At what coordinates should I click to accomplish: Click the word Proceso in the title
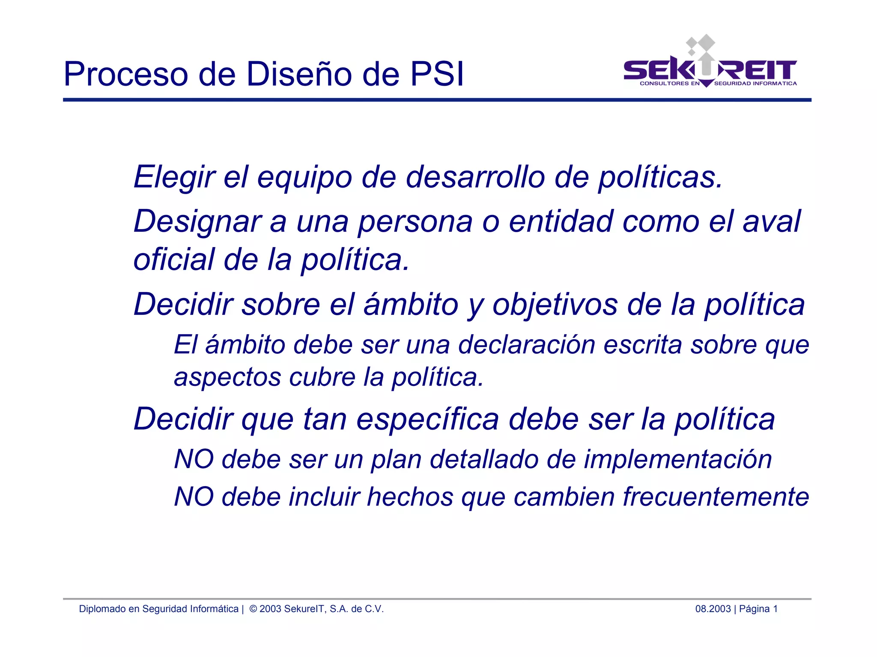125,75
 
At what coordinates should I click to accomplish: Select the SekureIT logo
710,64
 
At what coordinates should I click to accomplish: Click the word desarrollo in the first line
475,177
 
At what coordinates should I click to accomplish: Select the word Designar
197,222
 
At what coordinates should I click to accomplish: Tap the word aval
771,221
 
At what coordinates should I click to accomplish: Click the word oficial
174,260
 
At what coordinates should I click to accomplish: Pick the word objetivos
555,305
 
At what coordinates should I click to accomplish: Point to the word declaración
526,345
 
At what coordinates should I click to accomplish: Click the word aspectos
227,378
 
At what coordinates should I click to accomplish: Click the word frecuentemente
716,497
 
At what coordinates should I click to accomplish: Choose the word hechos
410,497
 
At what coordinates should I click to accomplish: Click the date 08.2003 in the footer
713,609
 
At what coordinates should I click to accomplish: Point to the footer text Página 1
758,609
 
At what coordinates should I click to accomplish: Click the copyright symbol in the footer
253,609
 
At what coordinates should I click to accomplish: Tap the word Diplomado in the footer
102,609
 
